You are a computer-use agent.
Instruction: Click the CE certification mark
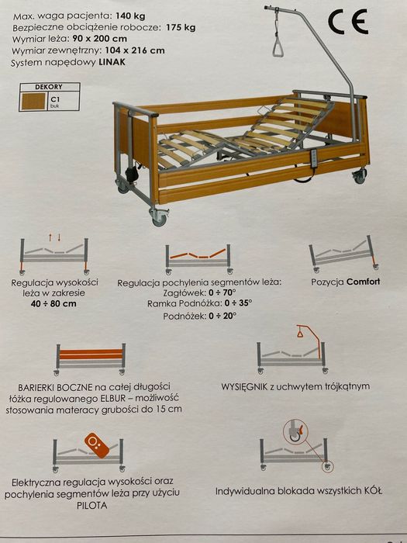[348, 22]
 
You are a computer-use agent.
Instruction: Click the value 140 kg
[130, 16]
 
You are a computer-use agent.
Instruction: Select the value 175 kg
[181, 27]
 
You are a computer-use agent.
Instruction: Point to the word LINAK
[112, 62]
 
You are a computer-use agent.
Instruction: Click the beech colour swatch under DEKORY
[33, 102]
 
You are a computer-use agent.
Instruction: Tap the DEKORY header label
[48, 87]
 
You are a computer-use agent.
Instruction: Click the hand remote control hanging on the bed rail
[315, 159]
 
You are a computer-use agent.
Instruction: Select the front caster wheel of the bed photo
[159, 217]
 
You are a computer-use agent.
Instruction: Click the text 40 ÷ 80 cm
[53, 304]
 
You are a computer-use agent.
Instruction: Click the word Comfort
[363, 282]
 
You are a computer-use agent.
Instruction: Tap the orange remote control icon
[97, 445]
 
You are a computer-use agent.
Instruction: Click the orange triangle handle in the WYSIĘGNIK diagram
[301, 334]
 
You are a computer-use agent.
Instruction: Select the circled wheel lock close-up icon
[295, 431]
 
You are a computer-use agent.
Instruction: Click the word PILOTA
[91, 505]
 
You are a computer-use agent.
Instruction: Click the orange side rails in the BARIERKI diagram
[91, 354]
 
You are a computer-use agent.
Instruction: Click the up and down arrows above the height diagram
[55, 237]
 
